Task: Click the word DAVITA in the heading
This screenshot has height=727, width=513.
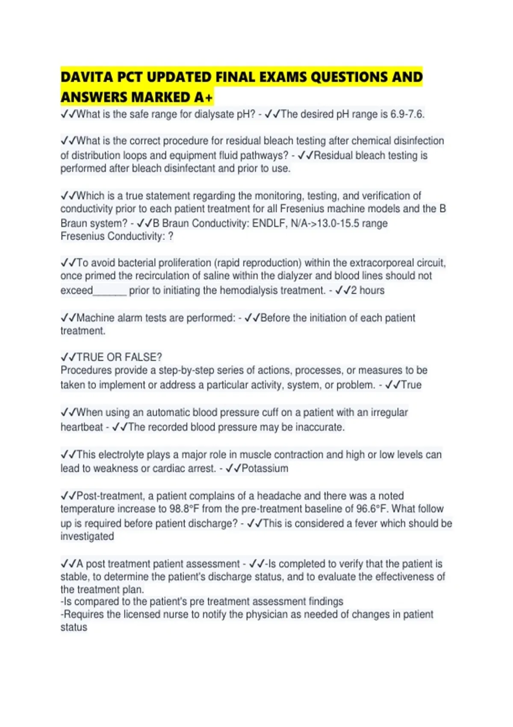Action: [87, 77]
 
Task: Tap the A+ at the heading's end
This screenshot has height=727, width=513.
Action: [203, 98]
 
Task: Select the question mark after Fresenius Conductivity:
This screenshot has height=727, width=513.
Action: [171, 236]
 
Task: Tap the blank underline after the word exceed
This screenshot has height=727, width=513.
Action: [110, 291]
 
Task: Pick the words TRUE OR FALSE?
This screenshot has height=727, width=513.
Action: [119, 357]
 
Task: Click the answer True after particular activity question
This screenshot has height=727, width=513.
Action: [411, 385]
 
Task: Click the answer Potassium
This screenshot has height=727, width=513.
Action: [265, 468]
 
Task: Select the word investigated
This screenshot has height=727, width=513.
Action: [87, 536]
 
